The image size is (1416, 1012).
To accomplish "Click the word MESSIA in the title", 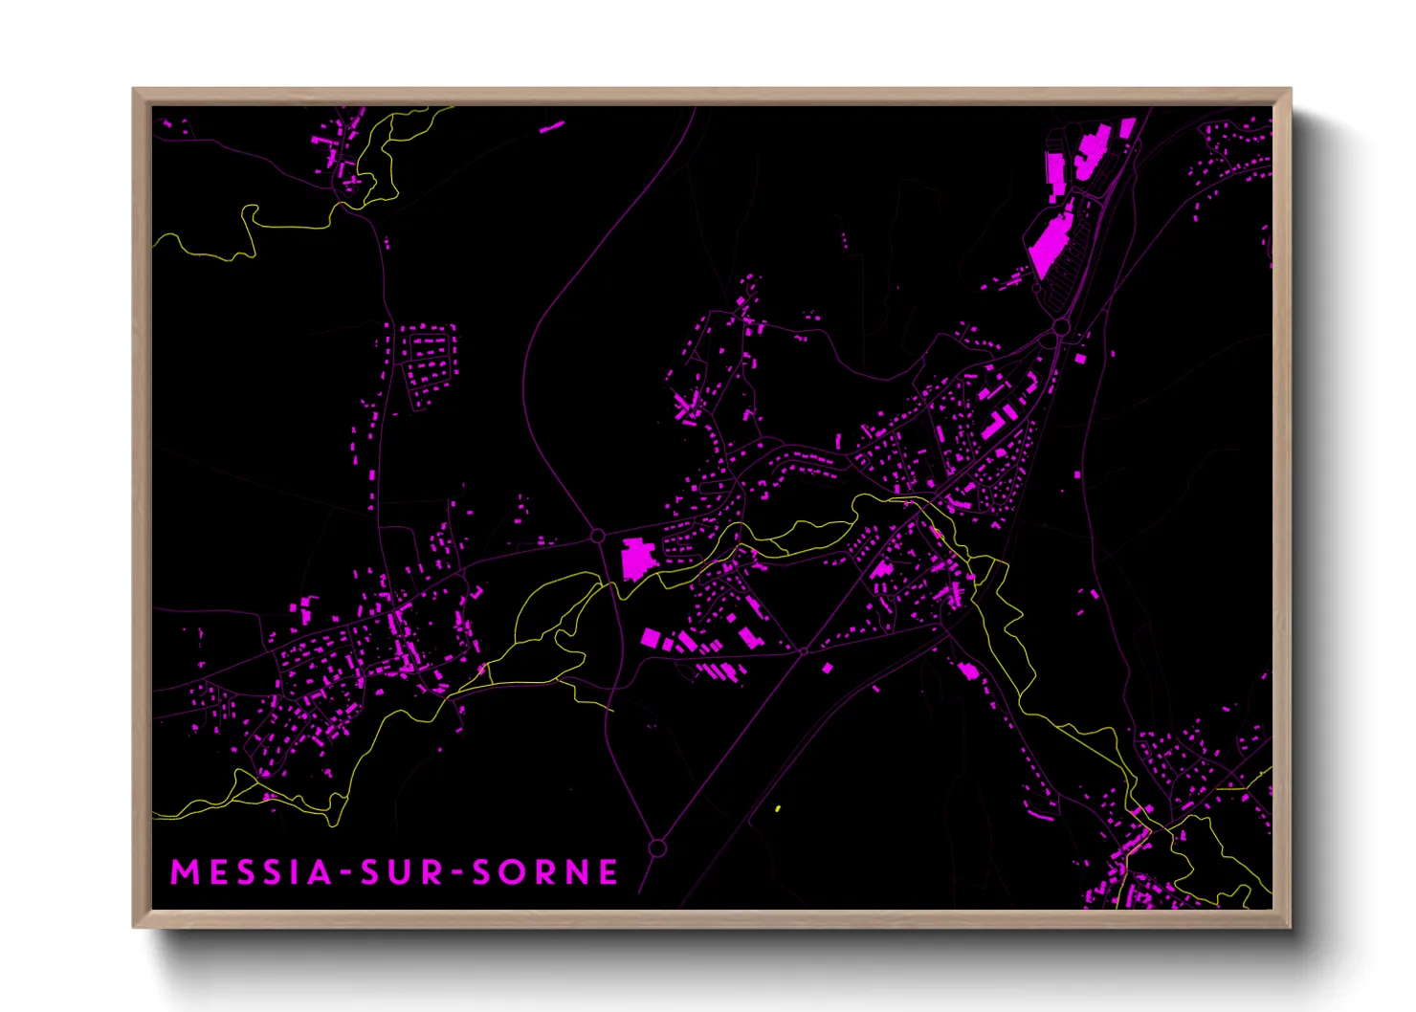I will (x=252, y=872).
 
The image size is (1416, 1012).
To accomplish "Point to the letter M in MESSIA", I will (x=184, y=872).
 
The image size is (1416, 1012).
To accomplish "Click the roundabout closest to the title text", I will (x=657, y=848).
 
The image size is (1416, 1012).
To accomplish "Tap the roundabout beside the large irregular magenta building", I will (x=598, y=537).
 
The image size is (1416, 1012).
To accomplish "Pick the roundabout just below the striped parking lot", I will (x=1061, y=328).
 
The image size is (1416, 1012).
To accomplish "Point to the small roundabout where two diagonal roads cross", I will (x=804, y=651).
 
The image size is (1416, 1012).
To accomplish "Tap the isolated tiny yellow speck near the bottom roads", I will (x=778, y=809).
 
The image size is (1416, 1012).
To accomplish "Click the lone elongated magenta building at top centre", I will (x=551, y=125).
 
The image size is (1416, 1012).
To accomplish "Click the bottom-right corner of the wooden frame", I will (x=1290, y=926).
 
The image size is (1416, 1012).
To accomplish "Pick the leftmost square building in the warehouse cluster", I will (x=651, y=637).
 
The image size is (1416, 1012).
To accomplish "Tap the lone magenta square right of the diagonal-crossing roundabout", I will (x=828, y=668).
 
